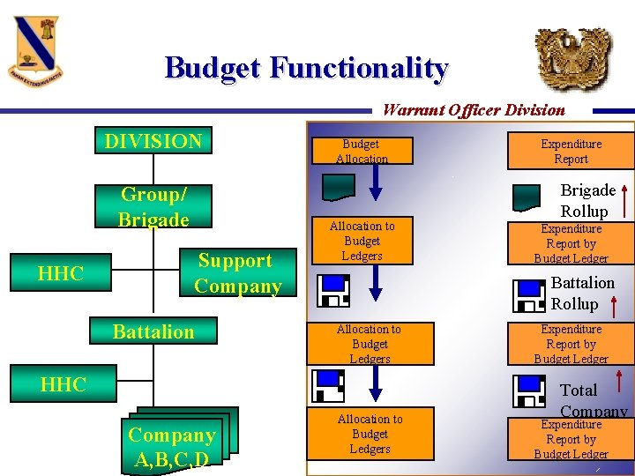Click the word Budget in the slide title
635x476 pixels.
click(213, 68)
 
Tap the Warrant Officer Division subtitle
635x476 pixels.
click(474, 110)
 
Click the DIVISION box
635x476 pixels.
click(153, 141)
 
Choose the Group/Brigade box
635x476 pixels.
click(154, 206)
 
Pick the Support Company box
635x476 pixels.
click(237, 273)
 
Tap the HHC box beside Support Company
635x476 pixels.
click(61, 273)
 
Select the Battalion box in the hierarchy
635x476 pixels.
click(153, 331)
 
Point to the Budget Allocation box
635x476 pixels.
click(362, 151)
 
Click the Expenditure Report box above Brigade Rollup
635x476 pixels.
click(571, 151)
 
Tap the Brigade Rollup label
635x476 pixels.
click(587, 200)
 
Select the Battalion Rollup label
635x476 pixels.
click(582, 293)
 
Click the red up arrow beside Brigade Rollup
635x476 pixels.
click(624, 198)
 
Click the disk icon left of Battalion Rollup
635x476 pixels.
click(529, 294)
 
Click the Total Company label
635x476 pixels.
click(591, 400)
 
